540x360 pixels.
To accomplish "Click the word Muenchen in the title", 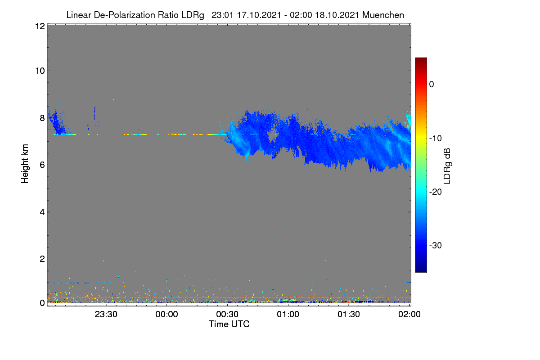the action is pos(383,15).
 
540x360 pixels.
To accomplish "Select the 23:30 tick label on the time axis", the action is pos(106,314).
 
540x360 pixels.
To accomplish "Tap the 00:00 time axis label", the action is pos(166,314).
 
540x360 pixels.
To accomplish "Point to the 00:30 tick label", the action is pos(227,314).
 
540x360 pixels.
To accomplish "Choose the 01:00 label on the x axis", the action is pos(288,314).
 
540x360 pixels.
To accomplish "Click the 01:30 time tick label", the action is pos(349,314).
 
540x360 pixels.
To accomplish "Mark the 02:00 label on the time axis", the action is pos(409,314).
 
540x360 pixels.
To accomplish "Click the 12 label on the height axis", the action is pos(40,26).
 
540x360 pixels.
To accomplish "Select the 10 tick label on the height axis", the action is pos(40,71).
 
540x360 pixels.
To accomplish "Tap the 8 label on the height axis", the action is pos(42,118).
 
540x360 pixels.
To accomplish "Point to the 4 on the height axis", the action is pos(42,212).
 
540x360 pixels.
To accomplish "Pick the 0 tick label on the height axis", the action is pos(42,303).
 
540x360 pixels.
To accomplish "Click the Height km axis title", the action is pos(25,164).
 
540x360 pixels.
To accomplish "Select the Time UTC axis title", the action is pos(229,324).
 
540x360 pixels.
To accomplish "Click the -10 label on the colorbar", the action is pos(436,139).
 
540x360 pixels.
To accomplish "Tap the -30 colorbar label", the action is pos(436,245).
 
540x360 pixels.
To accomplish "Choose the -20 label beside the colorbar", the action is pos(436,192).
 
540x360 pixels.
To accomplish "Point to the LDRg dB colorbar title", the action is pos(447,166).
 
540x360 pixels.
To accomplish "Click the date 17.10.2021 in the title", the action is pos(259,15).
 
